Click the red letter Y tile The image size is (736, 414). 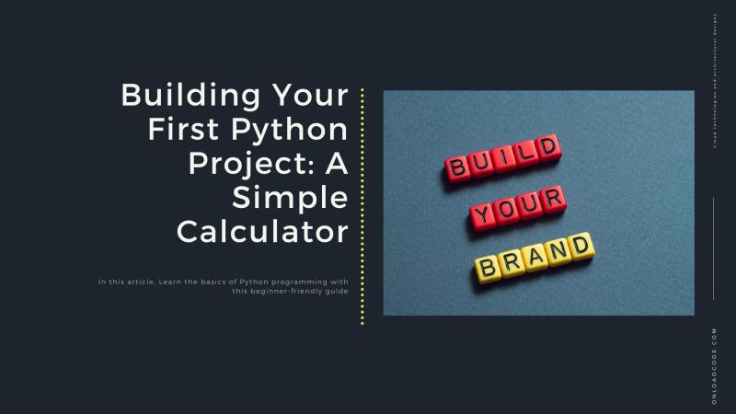482,216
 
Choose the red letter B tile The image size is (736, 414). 457,167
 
